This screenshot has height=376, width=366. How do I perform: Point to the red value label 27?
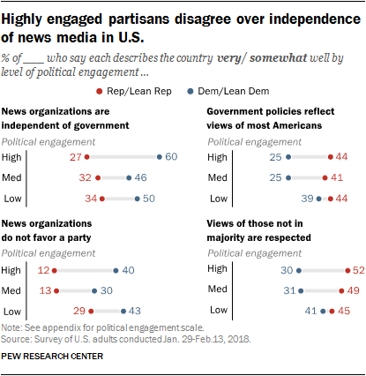click(x=74, y=156)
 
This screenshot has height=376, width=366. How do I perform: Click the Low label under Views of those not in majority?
click(x=216, y=311)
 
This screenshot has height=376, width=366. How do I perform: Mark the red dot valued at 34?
click(x=103, y=199)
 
